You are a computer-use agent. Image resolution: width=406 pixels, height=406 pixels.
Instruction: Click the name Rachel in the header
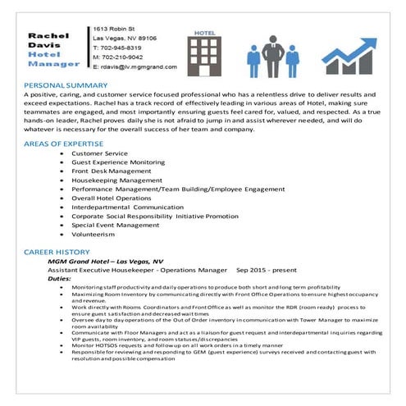[46, 36]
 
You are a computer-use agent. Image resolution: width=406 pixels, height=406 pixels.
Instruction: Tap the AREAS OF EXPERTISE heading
[62, 144]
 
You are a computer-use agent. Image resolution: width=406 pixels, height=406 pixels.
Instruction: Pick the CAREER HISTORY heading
[56, 252]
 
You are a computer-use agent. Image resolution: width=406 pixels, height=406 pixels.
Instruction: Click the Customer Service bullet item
[99, 153]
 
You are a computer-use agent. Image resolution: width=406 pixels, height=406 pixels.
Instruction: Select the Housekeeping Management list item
[116, 180]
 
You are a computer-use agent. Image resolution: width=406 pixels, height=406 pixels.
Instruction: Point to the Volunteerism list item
[94, 233]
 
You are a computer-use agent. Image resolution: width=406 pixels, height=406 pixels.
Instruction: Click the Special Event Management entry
[116, 224]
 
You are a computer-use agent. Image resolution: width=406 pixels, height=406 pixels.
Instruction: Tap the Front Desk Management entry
[112, 171]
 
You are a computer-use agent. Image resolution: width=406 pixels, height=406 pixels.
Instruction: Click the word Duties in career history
[60, 278]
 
